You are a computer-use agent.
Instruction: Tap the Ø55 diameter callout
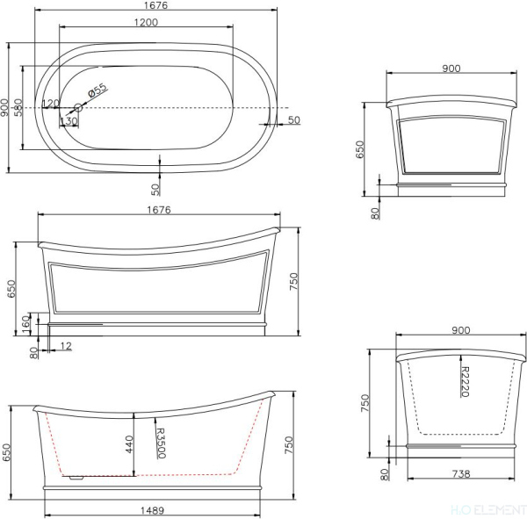pyautogui.click(x=97, y=89)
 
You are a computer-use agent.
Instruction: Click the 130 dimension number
pyautogui.click(x=67, y=121)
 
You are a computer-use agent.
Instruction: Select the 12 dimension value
pyautogui.click(x=67, y=347)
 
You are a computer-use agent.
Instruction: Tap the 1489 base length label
pyautogui.click(x=152, y=510)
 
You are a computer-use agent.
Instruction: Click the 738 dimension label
pyautogui.click(x=460, y=474)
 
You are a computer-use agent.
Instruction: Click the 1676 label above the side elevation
pyautogui.click(x=158, y=210)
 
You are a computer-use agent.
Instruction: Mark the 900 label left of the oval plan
pyautogui.click(x=5, y=106)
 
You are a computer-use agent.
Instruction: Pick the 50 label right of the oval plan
pyautogui.click(x=293, y=119)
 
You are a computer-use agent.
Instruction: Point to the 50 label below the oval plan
pyautogui.click(x=155, y=187)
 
